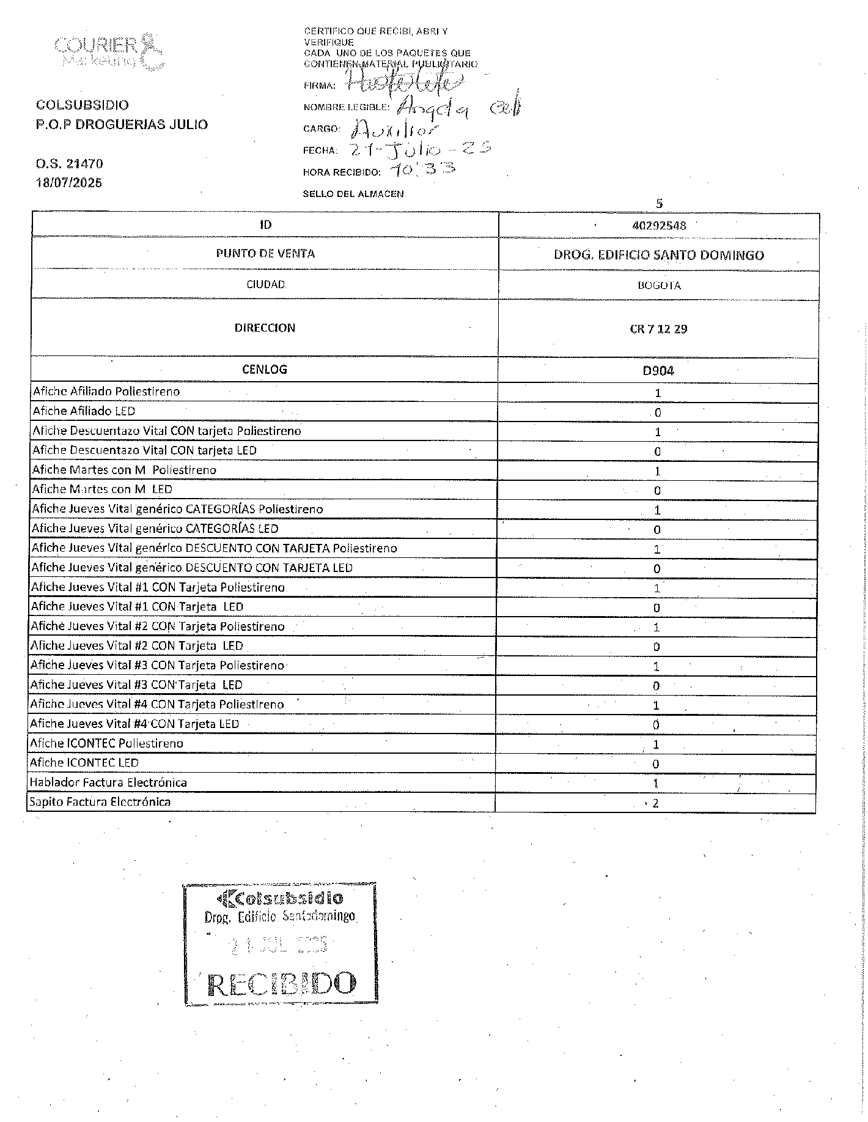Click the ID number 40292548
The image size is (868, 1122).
pyautogui.click(x=659, y=226)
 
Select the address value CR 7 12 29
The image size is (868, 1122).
pyautogui.click(x=658, y=329)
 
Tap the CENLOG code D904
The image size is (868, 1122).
pyautogui.click(x=658, y=371)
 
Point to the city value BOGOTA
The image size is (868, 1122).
pyautogui.click(x=659, y=286)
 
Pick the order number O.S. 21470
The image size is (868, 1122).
pyautogui.click(x=69, y=164)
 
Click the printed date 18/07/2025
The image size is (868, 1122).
pyautogui.click(x=69, y=183)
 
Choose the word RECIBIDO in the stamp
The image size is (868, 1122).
pyautogui.click(x=281, y=984)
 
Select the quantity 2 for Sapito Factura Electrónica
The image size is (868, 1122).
pyautogui.click(x=656, y=803)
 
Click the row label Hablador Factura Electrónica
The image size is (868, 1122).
pyautogui.click(x=108, y=782)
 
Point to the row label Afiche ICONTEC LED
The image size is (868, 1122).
pyautogui.click(x=84, y=763)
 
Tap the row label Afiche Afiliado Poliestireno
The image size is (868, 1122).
pyautogui.click(x=106, y=392)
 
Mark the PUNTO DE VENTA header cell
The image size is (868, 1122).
pyautogui.click(x=265, y=254)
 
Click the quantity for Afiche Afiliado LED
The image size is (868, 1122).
pyautogui.click(x=658, y=413)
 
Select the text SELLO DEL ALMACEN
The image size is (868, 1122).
pyautogui.click(x=353, y=194)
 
